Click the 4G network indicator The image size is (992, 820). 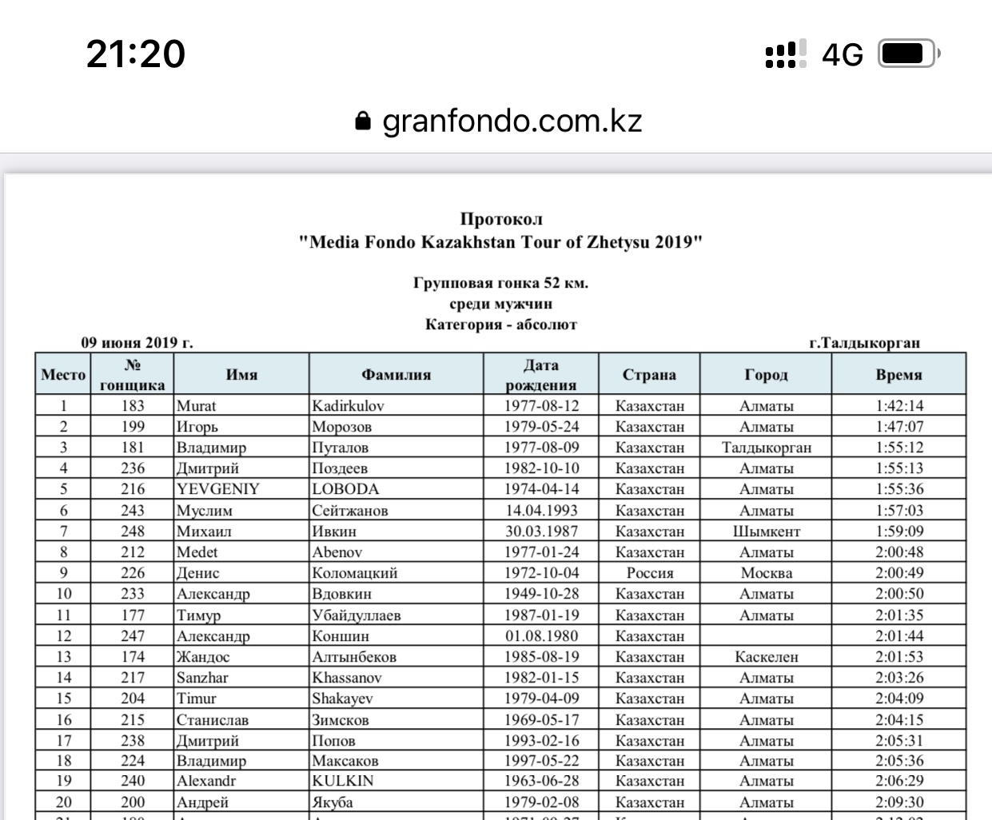pyautogui.click(x=843, y=55)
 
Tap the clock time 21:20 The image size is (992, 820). pyautogui.click(x=136, y=54)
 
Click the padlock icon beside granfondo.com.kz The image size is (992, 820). pyautogui.click(x=363, y=121)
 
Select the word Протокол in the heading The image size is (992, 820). pyautogui.click(x=501, y=219)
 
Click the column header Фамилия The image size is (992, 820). pyautogui.click(x=396, y=374)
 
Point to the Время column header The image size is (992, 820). pyautogui.click(x=898, y=374)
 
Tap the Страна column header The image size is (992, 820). pyautogui.click(x=649, y=374)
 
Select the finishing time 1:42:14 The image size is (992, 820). pyautogui.click(x=898, y=406)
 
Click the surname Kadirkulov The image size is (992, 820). pyautogui.click(x=348, y=406)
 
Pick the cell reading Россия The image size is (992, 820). pyautogui.click(x=649, y=573)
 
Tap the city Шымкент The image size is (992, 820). pyautogui.click(x=766, y=531)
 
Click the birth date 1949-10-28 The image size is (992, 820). pyautogui.click(x=541, y=594)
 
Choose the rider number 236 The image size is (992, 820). pyautogui.click(x=133, y=468)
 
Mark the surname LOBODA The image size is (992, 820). pyautogui.click(x=345, y=489)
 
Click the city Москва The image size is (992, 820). pyautogui.click(x=766, y=573)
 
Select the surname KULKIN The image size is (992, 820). pyautogui.click(x=343, y=781)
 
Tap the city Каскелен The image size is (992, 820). pyautogui.click(x=766, y=657)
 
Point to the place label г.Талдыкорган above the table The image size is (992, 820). pyautogui.click(x=864, y=343)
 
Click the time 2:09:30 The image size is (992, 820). pyautogui.click(x=898, y=802)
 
